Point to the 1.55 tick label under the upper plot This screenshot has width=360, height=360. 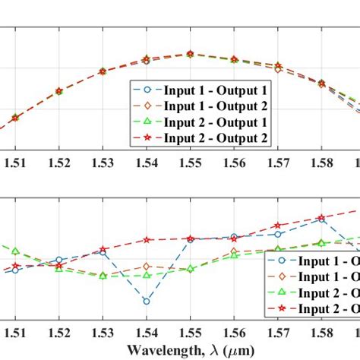coord(191,161)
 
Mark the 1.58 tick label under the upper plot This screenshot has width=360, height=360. coord(322,161)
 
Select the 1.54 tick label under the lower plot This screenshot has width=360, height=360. coord(147,332)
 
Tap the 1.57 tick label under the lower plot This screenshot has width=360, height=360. coord(278,332)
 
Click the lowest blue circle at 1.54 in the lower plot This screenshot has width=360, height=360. coord(147,302)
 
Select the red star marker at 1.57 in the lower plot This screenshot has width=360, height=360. coord(278,226)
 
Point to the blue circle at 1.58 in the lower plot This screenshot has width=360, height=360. coord(322,220)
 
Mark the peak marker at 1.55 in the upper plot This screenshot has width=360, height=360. coord(191,54)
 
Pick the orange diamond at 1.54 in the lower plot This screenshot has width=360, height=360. coord(147,267)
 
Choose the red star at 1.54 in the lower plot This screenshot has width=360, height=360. coord(147,240)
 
